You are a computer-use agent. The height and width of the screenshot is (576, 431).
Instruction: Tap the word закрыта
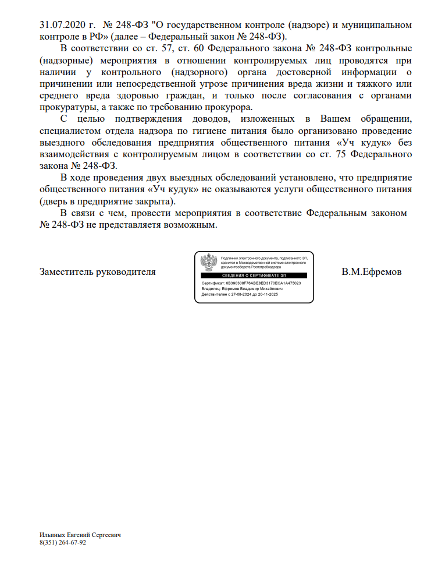[x=155, y=201]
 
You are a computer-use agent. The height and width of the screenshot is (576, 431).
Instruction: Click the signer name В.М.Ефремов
[x=372, y=272]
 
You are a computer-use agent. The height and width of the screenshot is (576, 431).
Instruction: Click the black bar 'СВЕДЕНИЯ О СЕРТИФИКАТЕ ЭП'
[x=253, y=275]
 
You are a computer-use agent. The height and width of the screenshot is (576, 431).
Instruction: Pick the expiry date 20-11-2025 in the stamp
[x=266, y=295]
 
